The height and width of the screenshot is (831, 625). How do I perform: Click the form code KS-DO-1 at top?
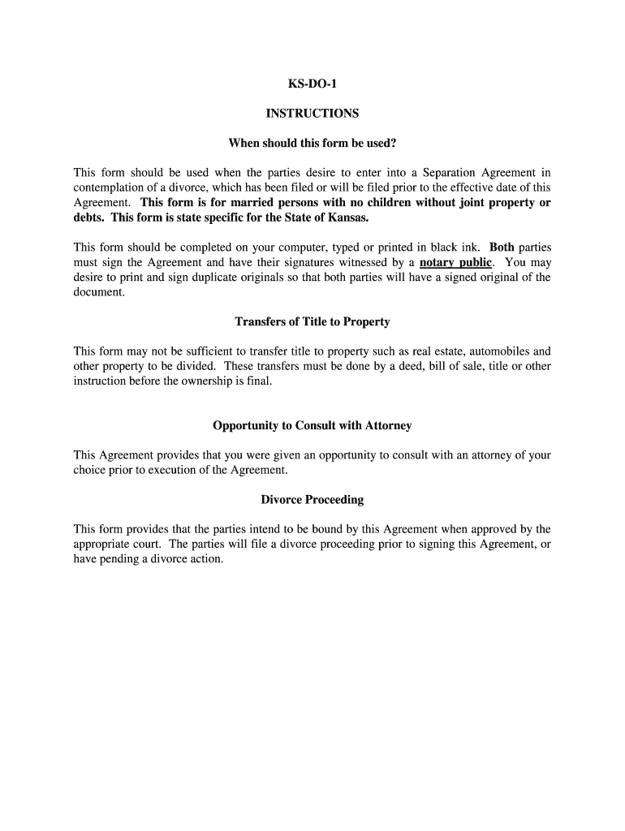[x=312, y=84]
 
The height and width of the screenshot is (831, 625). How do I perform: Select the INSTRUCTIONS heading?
[x=312, y=114]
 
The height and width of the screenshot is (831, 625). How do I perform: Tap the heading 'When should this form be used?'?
[x=312, y=144]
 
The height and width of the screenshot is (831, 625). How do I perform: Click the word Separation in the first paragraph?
[x=451, y=173]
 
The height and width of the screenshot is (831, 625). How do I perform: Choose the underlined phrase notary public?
[x=455, y=262]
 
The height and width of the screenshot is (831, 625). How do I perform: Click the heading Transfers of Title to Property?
[x=312, y=322]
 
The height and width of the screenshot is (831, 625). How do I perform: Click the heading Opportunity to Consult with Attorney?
[x=312, y=426]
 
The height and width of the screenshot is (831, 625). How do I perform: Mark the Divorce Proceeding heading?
[x=312, y=500]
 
